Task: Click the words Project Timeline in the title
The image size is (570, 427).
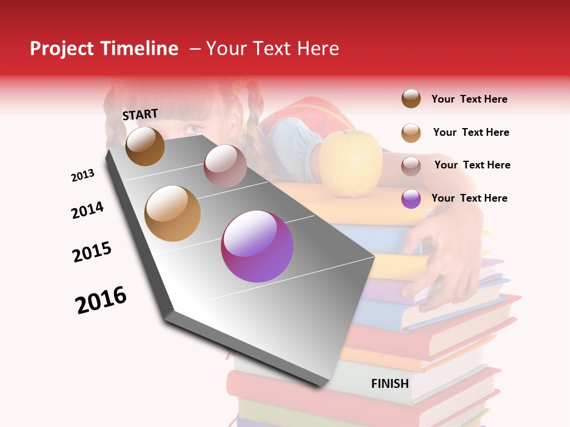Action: [104, 49]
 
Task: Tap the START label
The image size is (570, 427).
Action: [140, 114]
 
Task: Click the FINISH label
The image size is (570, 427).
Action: [390, 384]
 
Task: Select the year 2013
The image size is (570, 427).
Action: [83, 176]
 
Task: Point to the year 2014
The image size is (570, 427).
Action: [87, 211]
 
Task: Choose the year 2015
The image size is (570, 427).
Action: [92, 252]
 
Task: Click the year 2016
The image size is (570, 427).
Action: [101, 300]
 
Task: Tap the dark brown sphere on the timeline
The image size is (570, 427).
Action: [145, 146]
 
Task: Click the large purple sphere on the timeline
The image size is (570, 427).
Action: [257, 246]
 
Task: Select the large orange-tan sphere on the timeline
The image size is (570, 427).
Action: [173, 213]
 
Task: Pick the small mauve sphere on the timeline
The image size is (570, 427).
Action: [225, 166]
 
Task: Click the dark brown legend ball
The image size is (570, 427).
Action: [411, 99]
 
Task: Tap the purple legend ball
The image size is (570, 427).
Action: [411, 199]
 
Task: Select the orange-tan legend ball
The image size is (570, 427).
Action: [411, 133]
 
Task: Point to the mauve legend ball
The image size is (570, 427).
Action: [411, 166]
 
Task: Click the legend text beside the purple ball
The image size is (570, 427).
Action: [470, 198]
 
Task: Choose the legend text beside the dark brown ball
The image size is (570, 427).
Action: [470, 99]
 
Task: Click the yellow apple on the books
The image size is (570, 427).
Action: [350, 163]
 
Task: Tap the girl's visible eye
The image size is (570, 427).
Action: [194, 128]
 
